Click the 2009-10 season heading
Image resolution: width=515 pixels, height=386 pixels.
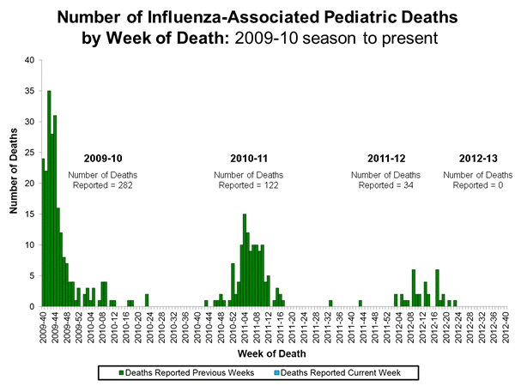[102, 159]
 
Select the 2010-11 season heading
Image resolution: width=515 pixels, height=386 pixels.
[249, 159]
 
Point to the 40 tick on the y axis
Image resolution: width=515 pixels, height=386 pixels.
[30, 60]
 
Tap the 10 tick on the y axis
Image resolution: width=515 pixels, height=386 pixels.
[30, 245]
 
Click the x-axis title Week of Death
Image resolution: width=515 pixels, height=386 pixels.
[274, 352]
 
